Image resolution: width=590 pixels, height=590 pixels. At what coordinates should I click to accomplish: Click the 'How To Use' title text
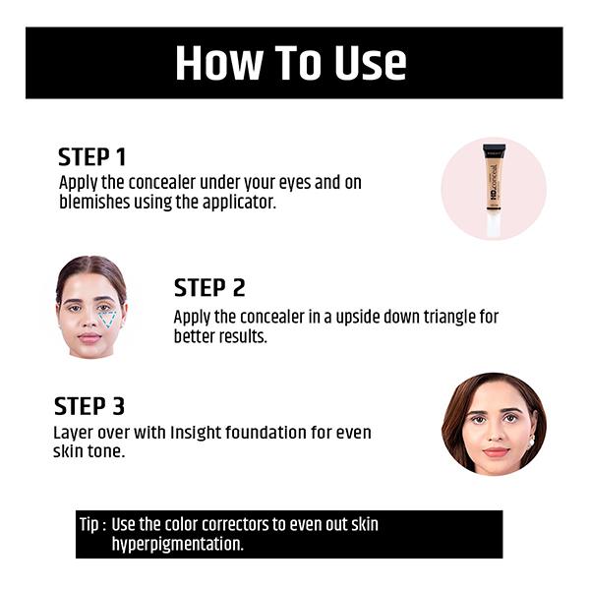[x=290, y=63]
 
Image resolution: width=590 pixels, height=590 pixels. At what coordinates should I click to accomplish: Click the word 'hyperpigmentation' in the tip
[x=177, y=544]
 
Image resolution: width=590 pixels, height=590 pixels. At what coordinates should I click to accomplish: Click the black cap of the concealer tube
[x=494, y=150]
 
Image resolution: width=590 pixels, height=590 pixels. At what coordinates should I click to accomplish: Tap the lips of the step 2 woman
[x=89, y=338]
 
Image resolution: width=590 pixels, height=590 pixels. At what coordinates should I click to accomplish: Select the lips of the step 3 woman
[x=495, y=451]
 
